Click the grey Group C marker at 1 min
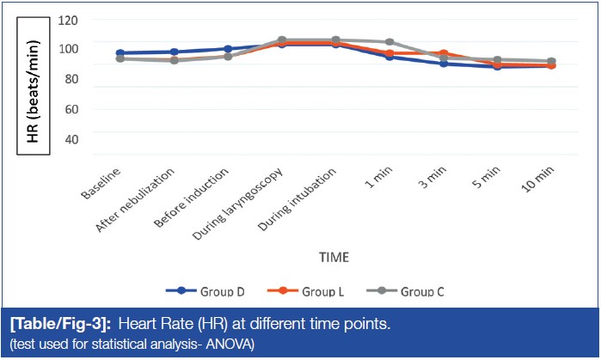tap(389, 42)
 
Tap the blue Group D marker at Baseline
tap(120, 53)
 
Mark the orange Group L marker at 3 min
tap(444, 53)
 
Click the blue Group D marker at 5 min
tap(497, 66)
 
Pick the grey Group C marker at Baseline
tap(120, 58)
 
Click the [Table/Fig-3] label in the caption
tap(58, 325)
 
